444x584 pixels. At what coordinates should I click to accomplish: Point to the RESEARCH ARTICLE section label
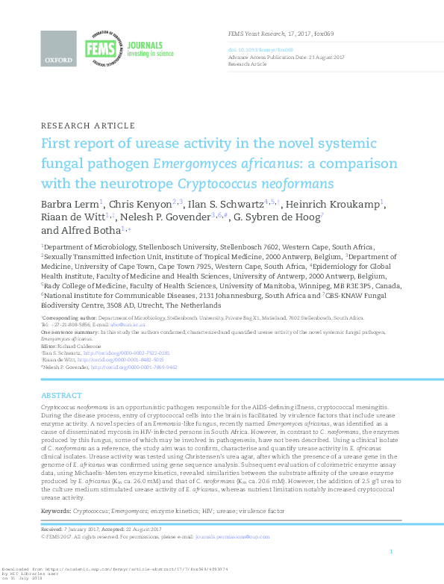coord(88,125)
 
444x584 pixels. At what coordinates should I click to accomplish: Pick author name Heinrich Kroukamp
coord(343,203)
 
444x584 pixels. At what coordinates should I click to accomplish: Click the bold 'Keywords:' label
coord(56,510)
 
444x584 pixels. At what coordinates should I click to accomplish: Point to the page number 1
coord(391,572)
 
